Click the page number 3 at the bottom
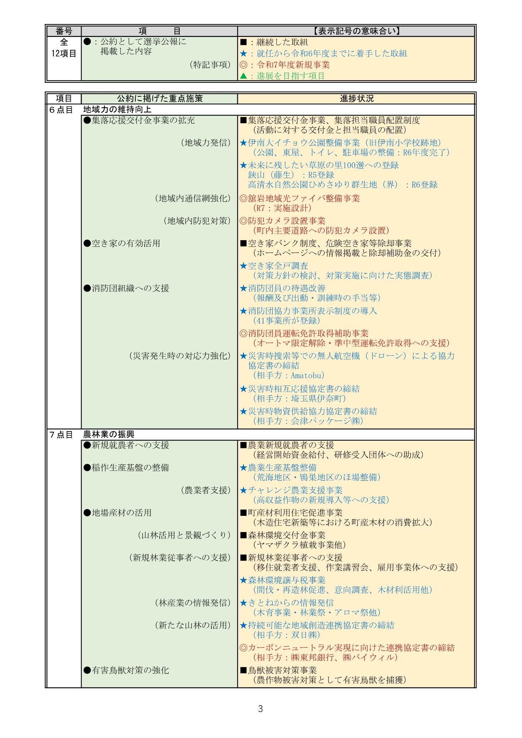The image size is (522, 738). tap(260, 709)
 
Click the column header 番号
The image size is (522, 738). tap(63, 31)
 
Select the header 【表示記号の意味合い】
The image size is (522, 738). tap(356, 31)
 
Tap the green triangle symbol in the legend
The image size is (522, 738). tap(243, 76)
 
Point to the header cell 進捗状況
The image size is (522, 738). tap(356, 99)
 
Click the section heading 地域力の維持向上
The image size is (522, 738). tap(117, 110)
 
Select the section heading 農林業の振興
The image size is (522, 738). tap(111, 435)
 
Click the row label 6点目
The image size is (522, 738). tap(61, 110)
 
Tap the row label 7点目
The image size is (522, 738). tap(61, 435)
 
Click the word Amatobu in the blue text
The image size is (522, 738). tap(307, 376)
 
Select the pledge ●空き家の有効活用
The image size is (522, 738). tap(122, 244)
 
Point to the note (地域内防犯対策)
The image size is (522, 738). tap(197, 221)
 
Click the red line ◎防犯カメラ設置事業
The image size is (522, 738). tap(283, 221)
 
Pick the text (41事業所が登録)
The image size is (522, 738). tap(286, 321)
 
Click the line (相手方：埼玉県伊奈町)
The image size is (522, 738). tap(299, 399)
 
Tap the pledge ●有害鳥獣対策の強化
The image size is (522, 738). tap(126, 670)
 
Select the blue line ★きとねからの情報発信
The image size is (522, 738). tap(287, 603)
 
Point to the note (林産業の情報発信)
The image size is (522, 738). tap(193, 603)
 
